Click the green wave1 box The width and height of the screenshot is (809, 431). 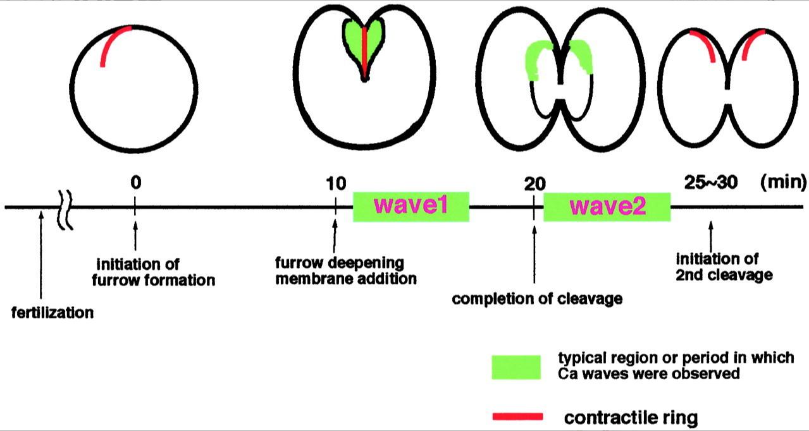[x=411, y=206]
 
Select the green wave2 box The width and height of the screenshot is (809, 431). [x=607, y=207]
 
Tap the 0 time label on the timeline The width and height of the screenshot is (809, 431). [x=135, y=183]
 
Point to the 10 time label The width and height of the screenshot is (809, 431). [x=336, y=184]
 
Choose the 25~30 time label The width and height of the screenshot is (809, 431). [x=711, y=183]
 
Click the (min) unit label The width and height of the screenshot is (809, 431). [x=783, y=183]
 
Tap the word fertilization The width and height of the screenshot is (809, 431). [x=52, y=312]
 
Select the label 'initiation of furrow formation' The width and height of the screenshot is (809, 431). [x=156, y=270]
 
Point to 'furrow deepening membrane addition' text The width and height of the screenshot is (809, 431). [x=345, y=270]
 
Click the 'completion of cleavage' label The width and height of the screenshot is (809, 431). [x=537, y=299]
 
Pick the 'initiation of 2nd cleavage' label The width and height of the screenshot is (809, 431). [x=724, y=267]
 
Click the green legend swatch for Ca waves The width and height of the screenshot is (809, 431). [x=516, y=367]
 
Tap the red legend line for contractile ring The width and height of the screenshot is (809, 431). [x=517, y=416]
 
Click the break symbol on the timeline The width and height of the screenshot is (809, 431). [x=66, y=207]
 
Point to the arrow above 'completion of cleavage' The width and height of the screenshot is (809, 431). [x=534, y=253]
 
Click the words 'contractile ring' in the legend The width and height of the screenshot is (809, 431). [x=631, y=417]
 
